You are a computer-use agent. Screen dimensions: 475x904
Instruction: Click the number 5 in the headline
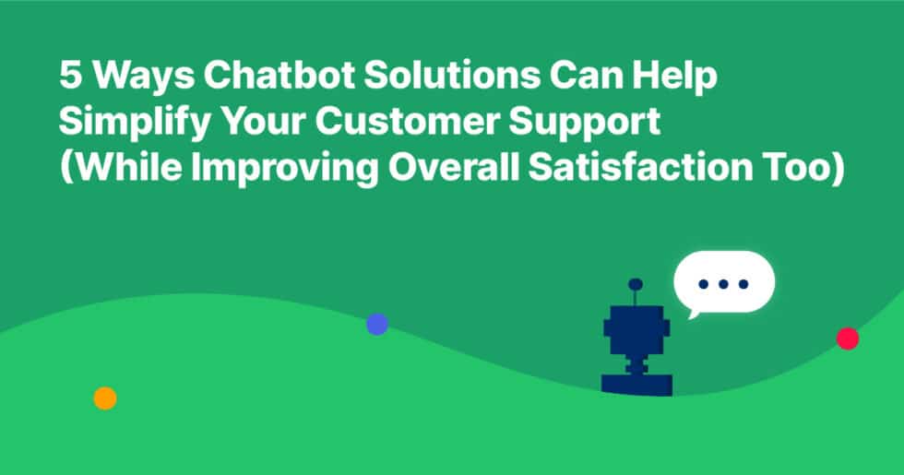point(70,76)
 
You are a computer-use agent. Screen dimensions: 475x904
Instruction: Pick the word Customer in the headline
point(415,124)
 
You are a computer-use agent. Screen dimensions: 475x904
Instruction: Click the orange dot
point(105,398)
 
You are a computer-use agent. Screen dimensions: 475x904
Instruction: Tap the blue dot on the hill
point(376,324)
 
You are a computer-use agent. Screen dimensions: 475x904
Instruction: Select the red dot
point(847,338)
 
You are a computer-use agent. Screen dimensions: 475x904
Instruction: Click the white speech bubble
point(724,282)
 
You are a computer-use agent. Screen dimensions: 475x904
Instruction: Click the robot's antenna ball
point(636,284)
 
